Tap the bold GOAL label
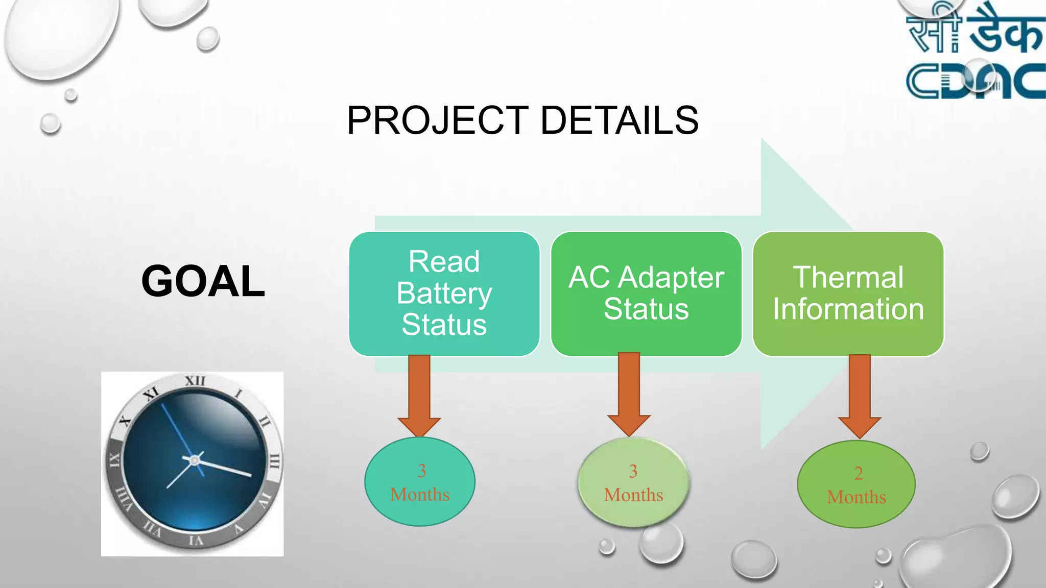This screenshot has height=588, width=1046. pos(203,281)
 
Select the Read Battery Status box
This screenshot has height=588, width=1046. pos(444,293)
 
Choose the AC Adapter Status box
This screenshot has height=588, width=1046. pos(646,293)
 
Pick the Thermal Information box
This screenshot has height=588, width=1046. pos(848,293)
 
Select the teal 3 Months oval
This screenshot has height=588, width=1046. pos(420,482)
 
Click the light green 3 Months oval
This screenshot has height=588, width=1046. pos(633,483)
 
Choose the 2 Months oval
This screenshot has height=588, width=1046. pos(856,484)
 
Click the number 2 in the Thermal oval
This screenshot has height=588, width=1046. pos(859,473)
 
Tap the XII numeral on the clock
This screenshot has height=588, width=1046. pos(195,381)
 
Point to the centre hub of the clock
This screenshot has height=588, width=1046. pos(194,460)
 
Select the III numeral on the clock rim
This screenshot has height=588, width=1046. pos(274,461)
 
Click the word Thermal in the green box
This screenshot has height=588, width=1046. pos(848,277)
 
